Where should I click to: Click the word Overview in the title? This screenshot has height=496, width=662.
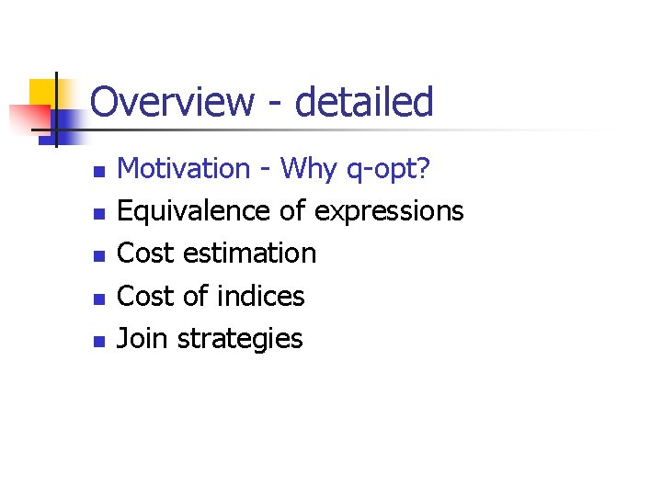(x=171, y=101)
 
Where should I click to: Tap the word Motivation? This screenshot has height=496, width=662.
(x=184, y=168)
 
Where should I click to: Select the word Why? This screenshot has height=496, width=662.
(x=309, y=168)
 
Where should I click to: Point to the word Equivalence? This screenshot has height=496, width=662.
(x=195, y=210)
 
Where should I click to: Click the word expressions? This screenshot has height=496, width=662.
(x=388, y=212)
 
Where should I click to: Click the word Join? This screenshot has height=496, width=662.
(x=143, y=338)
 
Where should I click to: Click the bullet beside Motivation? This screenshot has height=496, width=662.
(x=100, y=172)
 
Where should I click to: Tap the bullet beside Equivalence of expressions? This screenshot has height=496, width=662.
(x=100, y=214)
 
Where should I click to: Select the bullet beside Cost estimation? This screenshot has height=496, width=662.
(x=100, y=256)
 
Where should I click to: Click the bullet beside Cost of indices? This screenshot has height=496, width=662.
(x=100, y=299)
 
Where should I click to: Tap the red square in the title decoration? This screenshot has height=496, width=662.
(x=25, y=118)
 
